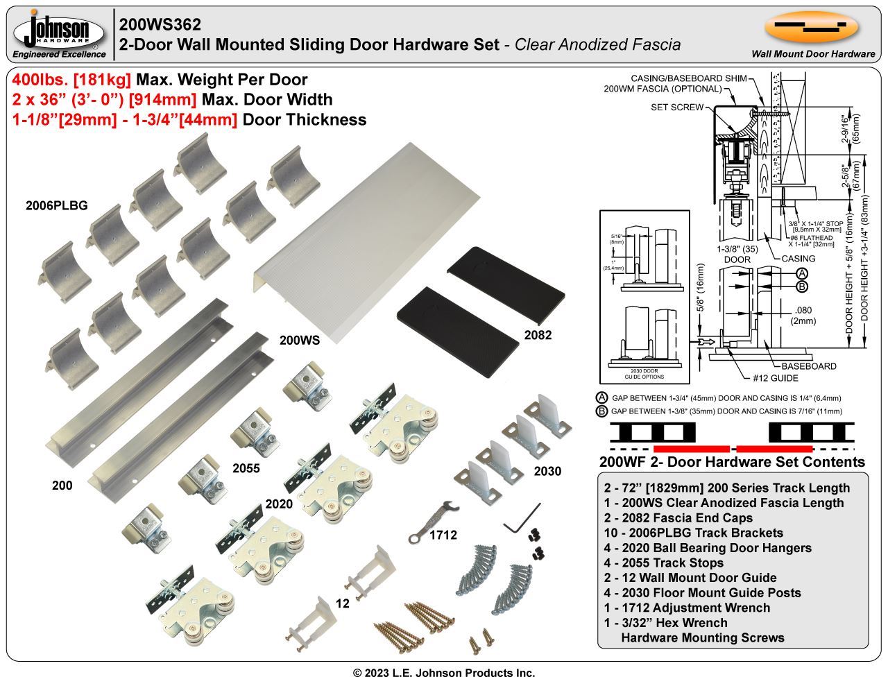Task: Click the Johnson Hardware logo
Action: [x=60, y=33]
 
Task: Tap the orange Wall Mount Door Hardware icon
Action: [x=812, y=27]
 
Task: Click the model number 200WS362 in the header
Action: [x=160, y=24]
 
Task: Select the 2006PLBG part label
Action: [x=57, y=205]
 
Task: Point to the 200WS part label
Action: [x=300, y=340]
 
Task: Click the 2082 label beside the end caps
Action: [x=538, y=335]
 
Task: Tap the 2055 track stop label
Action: [x=246, y=468]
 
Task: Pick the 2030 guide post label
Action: [x=547, y=472]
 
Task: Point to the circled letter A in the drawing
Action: [x=801, y=273]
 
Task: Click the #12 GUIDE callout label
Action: [x=776, y=378]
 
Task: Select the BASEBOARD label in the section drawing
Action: [x=808, y=366]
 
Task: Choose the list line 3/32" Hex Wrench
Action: [x=665, y=622]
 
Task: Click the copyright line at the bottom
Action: [x=444, y=673]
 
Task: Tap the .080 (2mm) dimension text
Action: [x=805, y=315]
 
